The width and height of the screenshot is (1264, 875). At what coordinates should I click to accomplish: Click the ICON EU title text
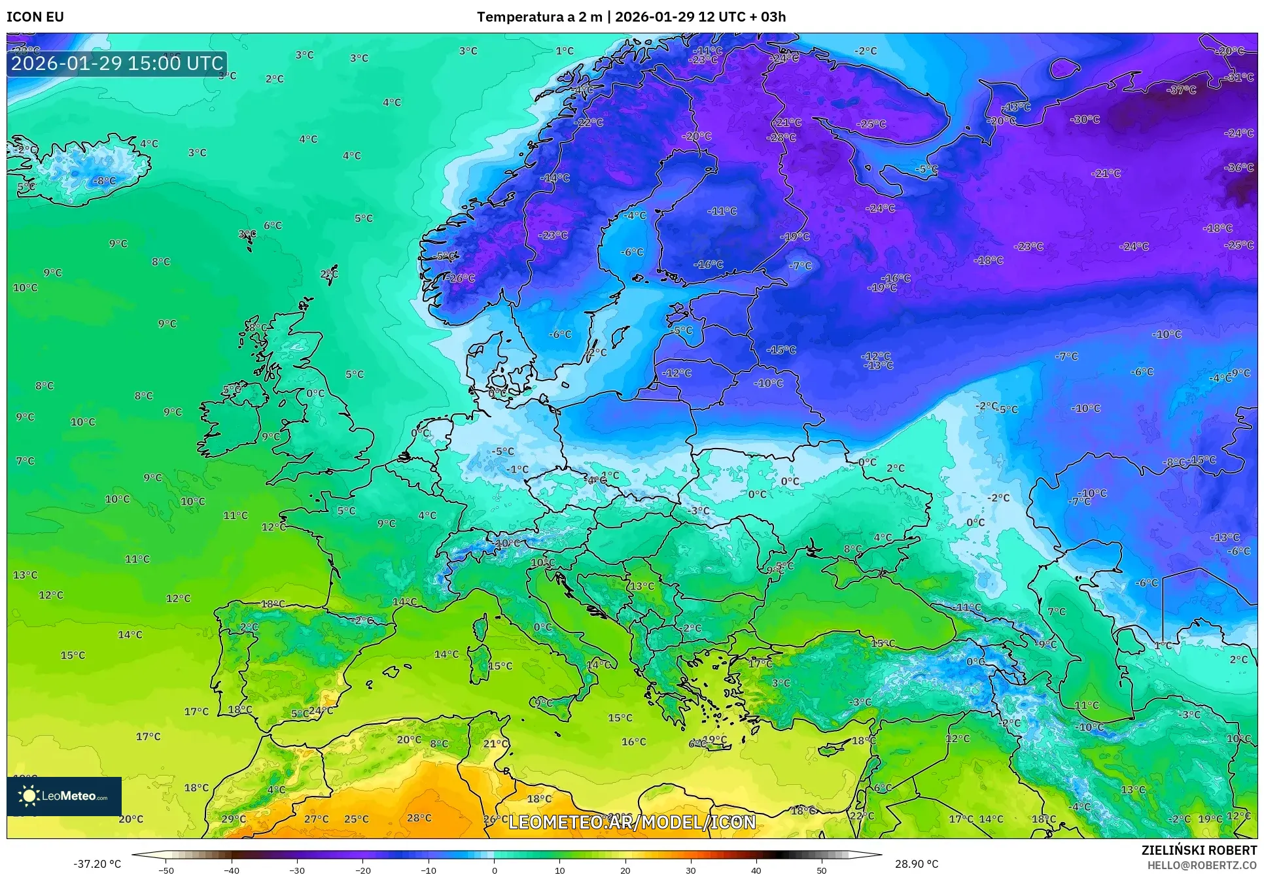[35, 17]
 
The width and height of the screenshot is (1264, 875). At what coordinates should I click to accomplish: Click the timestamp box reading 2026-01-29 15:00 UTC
[117, 63]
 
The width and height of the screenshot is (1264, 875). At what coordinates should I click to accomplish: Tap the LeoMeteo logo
[63, 796]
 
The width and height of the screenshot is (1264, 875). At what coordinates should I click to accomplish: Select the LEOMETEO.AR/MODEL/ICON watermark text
[632, 822]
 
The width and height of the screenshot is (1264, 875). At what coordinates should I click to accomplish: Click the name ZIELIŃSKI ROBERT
[1199, 850]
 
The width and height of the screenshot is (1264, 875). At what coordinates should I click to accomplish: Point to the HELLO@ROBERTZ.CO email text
[1202, 865]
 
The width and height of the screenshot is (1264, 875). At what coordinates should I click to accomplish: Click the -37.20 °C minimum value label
[97, 864]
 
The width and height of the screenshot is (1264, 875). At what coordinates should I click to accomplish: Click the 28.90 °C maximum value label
[916, 864]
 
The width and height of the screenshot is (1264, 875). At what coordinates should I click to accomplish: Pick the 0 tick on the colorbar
[494, 870]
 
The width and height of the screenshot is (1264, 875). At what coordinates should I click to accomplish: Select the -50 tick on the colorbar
[166, 870]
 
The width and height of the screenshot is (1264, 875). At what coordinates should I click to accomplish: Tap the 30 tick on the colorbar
[691, 870]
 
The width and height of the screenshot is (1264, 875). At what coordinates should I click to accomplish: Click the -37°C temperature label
[1182, 90]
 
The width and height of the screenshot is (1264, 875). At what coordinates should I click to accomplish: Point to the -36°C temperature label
[1239, 167]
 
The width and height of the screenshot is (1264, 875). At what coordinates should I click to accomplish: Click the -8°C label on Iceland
[104, 180]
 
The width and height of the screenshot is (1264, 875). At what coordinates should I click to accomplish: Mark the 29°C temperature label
[234, 819]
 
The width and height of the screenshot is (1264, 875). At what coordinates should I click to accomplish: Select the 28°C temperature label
[419, 817]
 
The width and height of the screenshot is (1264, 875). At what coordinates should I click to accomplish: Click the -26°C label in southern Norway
[462, 278]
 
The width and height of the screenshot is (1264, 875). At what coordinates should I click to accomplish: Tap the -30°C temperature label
[1085, 119]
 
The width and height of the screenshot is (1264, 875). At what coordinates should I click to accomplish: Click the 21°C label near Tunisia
[495, 744]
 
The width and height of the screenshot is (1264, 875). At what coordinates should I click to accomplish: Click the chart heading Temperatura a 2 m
[539, 17]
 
